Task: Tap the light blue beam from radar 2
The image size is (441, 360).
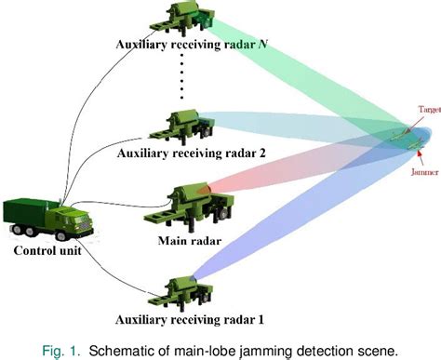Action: tap(298, 126)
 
